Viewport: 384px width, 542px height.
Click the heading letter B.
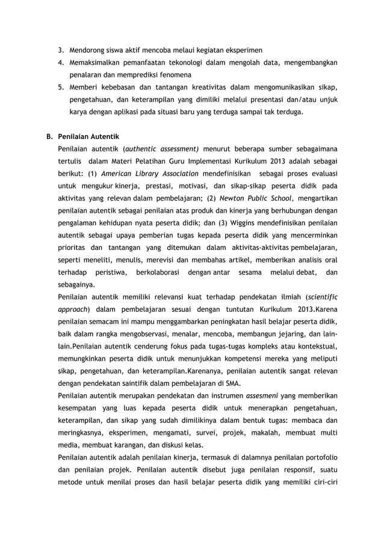point(50,136)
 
